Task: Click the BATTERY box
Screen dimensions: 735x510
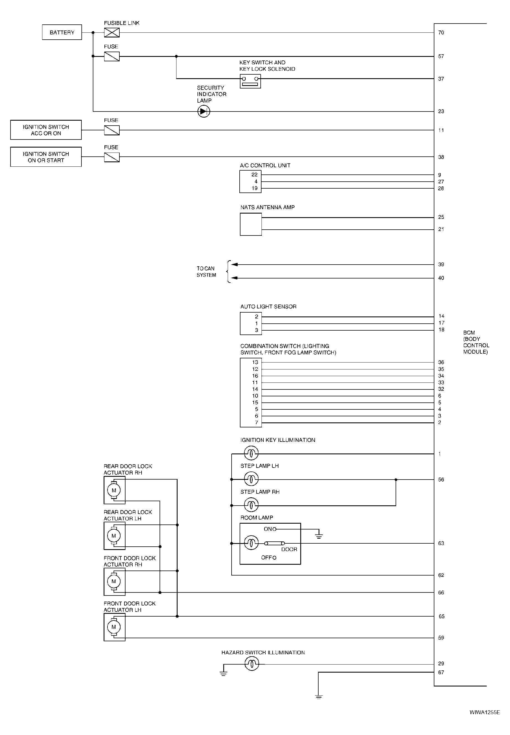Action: tap(62, 32)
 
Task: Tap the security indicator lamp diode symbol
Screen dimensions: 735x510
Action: tap(204, 111)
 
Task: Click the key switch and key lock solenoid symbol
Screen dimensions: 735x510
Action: tap(250, 81)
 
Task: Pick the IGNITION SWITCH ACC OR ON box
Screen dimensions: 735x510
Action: tap(46, 130)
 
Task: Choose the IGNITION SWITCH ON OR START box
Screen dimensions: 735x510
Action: tap(46, 157)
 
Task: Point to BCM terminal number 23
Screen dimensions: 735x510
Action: tap(441, 111)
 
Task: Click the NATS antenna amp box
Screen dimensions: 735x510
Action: tap(250, 224)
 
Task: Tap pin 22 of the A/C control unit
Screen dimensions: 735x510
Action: tap(254, 175)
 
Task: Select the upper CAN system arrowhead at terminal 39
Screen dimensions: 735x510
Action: tap(234, 265)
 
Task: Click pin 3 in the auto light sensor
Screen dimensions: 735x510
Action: tap(256, 330)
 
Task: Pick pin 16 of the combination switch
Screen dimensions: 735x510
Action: tap(255, 376)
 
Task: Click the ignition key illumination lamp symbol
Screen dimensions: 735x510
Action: tap(251, 453)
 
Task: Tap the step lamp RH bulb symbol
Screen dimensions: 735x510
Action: tap(251, 505)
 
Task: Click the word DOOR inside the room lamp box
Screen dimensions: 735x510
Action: tap(289, 549)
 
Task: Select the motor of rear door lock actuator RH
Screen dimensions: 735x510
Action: tap(114, 490)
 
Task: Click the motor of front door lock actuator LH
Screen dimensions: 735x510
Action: tap(114, 627)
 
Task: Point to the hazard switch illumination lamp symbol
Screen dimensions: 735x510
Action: tap(252, 664)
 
